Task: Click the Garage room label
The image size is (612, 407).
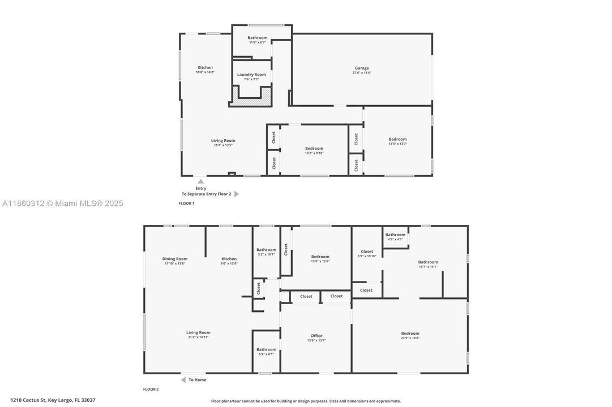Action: click(x=362, y=68)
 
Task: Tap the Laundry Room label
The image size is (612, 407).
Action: click(x=251, y=75)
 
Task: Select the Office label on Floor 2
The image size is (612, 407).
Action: click(x=316, y=336)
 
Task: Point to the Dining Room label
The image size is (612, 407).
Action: click(x=174, y=259)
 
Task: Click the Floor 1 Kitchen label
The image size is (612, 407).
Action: click(x=205, y=68)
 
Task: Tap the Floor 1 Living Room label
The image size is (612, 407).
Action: click(x=223, y=141)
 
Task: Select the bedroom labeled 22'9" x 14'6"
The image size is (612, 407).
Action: click(x=410, y=334)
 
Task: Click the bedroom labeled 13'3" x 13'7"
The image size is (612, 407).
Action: click(x=397, y=140)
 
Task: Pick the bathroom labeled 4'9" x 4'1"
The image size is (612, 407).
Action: click(x=395, y=235)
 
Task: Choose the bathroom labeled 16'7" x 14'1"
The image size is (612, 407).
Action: click(x=428, y=262)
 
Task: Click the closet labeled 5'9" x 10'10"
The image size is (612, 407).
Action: click(x=367, y=252)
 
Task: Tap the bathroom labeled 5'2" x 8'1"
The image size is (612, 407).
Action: click(x=266, y=349)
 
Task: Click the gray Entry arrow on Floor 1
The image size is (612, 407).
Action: click(x=200, y=181)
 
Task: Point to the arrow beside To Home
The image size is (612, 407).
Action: click(x=183, y=380)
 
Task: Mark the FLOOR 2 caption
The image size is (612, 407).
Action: click(x=151, y=389)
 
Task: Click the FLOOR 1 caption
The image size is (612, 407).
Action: click(x=186, y=203)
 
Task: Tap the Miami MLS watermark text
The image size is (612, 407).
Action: click(x=62, y=203)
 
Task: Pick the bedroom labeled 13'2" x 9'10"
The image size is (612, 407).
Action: click(x=314, y=149)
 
